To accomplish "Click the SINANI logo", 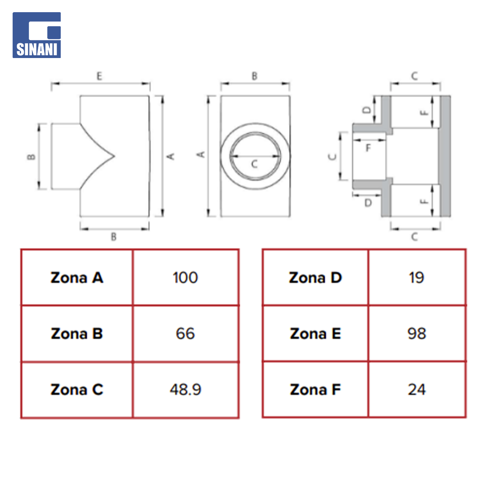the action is (36, 35).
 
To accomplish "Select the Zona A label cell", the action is (77, 277).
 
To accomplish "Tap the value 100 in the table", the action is (185, 277).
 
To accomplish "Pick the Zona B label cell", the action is (77, 333).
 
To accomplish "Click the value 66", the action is (185, 333).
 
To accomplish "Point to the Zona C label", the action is (77, 390).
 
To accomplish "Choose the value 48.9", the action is (185, 390).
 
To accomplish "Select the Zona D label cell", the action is (315, 277).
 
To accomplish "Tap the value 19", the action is (417, 277).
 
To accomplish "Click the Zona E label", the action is (315, 333).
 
